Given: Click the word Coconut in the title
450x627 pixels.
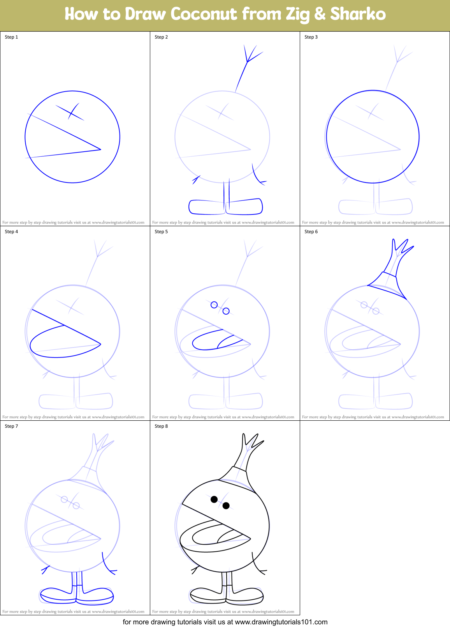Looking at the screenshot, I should tap(204, 14).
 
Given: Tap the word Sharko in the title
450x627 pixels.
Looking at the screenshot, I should tap(358, 14).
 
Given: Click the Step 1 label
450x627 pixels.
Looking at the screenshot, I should tap(11, 37).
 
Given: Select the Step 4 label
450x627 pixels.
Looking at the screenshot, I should tap(11, 232).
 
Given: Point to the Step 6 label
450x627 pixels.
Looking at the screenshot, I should tap(311, 232).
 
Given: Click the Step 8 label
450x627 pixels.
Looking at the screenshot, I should tap(161, 426).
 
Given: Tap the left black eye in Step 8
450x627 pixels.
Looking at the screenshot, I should tap(214, 499).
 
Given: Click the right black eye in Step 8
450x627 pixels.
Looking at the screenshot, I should tap(226, 506).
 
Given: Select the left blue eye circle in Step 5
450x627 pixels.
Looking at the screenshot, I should tap(214, 305).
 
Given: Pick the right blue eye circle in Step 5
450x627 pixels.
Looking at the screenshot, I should tap(226, 311).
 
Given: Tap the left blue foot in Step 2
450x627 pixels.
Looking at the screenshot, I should tap(207, 207).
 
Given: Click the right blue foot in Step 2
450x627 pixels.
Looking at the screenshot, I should tap(244, 207).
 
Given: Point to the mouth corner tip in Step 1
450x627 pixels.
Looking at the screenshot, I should tap(100, 149).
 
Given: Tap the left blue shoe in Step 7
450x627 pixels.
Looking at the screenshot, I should tap(58, 594).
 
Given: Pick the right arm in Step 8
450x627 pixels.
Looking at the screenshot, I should tap(257, 565).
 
